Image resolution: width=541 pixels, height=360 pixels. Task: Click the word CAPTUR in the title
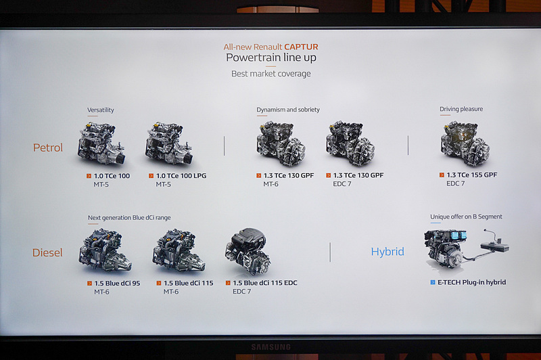click(x=301, y=47)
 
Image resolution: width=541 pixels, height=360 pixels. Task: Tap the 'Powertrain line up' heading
click(x=271, y=58)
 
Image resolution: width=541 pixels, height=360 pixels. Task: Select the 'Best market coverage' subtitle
click(x=271, y=74)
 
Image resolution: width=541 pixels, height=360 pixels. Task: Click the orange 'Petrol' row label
click(x=48, y=148)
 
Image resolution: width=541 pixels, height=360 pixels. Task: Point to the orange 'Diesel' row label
click(x=47, y=252)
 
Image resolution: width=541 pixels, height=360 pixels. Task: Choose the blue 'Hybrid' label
click(x=387, y=252)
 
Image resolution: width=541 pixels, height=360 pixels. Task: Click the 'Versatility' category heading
click(x=100, y=110)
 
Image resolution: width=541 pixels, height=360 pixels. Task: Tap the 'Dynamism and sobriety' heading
click(x=288, y=110)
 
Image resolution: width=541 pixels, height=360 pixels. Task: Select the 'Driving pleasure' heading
click(x=461, y=109)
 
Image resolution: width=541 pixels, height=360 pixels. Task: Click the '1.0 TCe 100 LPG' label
click(x=181, y=176)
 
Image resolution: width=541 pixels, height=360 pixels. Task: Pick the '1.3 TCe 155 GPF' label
click(x=471, y=175)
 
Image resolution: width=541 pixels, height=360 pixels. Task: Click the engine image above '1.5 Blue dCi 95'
click(x=105, y=250)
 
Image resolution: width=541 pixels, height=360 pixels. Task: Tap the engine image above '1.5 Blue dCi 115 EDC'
click(x=248, y=251)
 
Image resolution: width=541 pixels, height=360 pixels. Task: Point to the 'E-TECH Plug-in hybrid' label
click(x=471, y=282)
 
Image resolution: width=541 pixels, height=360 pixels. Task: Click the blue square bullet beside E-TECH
click(x=433, y=282)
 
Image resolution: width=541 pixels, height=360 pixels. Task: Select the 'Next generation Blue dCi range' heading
click(x=129, y=218)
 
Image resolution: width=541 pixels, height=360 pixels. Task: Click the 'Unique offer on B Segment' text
click(x=466, y=217)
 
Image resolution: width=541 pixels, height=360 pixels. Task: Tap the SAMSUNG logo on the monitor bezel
click(x=271, y=347)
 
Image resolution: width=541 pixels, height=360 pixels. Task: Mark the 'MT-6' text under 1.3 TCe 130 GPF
click(x=271, y=184)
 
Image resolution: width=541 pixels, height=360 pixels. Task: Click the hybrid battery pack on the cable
click(x=495, y=246)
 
